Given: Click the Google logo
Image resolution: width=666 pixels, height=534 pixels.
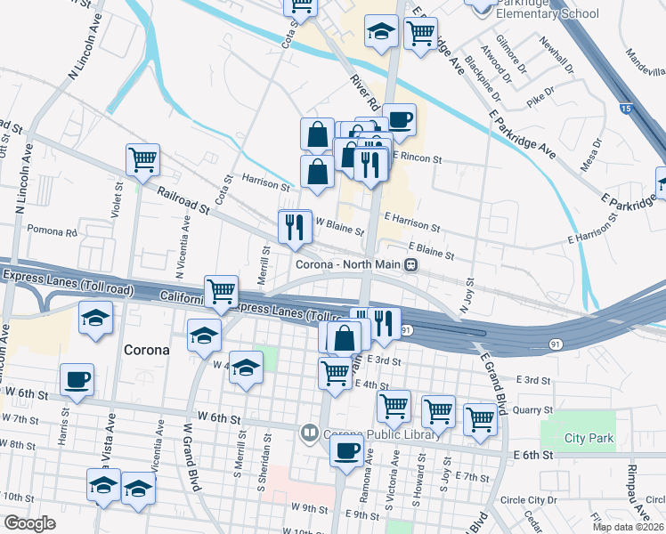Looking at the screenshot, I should point(30,523).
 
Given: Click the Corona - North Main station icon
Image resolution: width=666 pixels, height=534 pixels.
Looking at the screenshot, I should point(410,264).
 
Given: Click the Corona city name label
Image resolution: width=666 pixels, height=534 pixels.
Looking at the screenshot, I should point(146,350).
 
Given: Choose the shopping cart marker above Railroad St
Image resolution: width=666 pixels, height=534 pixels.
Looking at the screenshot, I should point(142,160).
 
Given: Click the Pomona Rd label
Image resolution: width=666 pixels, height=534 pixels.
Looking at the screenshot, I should point(53,231).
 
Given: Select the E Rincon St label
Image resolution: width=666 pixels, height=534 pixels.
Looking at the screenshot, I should point(418,159).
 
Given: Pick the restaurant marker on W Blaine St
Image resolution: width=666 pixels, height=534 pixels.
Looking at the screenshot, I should point(295,227).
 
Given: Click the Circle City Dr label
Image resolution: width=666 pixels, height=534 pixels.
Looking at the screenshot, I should point(529,499).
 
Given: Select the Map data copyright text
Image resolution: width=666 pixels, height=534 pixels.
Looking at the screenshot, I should point(627,527).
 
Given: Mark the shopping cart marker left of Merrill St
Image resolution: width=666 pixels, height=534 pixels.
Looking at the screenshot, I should point(221,290).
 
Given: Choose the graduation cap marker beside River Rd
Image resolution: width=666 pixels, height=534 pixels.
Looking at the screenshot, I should point(381,33).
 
